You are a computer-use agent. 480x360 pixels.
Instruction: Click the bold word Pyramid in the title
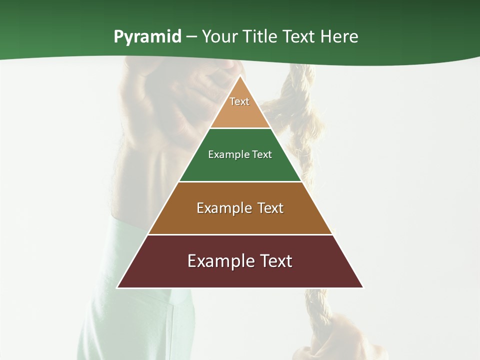click(x=147, y=37)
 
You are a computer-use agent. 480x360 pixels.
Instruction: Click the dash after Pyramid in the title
click(x=191, y=37)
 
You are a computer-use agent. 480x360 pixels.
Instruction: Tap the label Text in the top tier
click(x=239, y=101)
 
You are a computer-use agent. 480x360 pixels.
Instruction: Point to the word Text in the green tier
click(x=262, y=154)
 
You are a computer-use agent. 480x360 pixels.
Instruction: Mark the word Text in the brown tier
click(x=271, y=208)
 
